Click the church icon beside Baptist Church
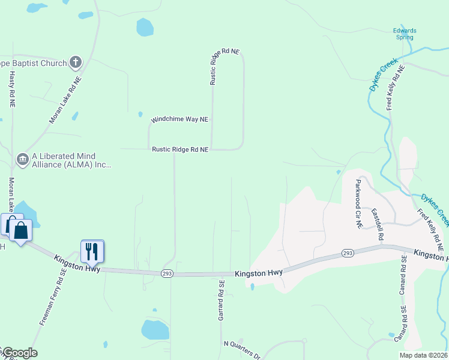76,61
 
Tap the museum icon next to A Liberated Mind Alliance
22,159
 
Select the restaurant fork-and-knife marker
92,251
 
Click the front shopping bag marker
21,230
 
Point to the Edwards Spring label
404,34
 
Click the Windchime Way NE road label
179,119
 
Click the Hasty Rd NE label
11,89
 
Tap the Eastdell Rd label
376,224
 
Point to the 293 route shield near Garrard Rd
167,274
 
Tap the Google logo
19,353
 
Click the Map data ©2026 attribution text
424,355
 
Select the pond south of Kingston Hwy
155,329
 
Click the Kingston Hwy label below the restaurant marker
76,265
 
